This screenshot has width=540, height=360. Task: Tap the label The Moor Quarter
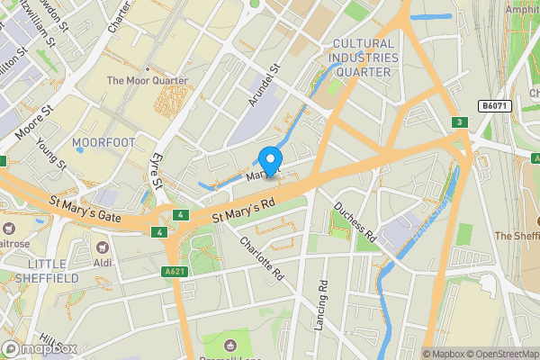pyautogui.click(x=148, y=81)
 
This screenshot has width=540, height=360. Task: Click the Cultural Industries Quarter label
pyautogui.click(x=363, y=58)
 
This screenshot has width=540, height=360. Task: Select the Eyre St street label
pyautogui.click(x=157, y=171)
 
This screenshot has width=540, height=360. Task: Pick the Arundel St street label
pyautogui.click(x=264, y=82)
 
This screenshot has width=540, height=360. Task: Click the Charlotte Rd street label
pyautogui.click(x=262, y=258)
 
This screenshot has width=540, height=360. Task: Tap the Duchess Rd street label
pyautogui.click(x=355, y=221)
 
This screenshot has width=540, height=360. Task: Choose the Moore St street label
pyautogui.click(x=35, y=125)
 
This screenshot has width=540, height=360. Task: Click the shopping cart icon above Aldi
pyautogui.click(x=103, y=246)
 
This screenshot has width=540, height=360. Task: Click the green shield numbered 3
pyautogui.click(x=459, y=122)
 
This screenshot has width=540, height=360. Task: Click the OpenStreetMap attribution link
pyautogui.click(x=500, y=354)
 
